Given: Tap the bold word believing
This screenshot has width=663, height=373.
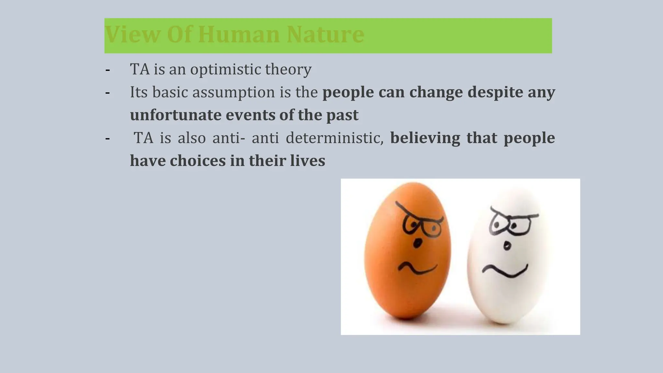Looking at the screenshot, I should tap(425, 138).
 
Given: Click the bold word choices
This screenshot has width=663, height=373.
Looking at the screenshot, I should tap(197, 161).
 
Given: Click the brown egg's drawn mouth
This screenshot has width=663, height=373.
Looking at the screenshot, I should tap(417, 268).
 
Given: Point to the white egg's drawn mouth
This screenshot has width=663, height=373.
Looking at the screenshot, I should tap(505, 271).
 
